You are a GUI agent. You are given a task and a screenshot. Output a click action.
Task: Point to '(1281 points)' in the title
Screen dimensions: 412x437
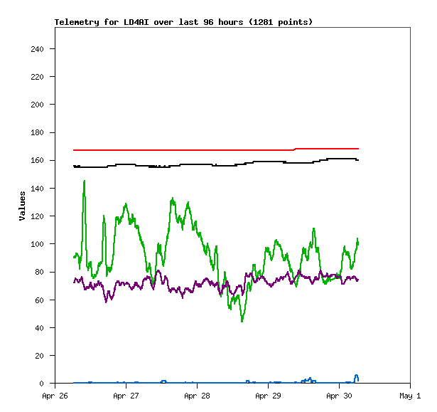click(278, 22)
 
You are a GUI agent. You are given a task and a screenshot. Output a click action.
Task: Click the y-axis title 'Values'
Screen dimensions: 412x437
click(22, 206)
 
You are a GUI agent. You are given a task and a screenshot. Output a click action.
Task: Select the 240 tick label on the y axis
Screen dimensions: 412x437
click(37, 49)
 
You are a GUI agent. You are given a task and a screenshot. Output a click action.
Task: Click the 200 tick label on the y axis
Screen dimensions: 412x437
click(37, 105)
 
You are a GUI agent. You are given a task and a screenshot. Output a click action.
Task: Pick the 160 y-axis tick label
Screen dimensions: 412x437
click(37, 161)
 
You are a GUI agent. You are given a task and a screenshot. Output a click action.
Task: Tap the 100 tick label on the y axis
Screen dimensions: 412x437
click(37, 244)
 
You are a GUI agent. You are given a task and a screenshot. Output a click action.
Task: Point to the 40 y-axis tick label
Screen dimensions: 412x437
click(39, 328)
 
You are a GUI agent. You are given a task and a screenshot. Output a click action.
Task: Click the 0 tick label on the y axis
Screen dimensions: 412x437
click(42, 384)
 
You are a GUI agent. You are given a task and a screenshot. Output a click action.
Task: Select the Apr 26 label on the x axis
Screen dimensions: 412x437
click(55, 396)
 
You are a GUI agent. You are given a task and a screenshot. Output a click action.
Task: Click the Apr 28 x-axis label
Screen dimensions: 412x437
click(197, 396)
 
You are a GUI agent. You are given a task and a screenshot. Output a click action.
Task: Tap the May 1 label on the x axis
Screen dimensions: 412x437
click(410, 396)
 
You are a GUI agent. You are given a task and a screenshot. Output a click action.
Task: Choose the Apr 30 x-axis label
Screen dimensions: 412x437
click(339, 396)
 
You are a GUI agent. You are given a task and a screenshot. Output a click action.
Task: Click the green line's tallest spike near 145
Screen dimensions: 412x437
click(85, 181)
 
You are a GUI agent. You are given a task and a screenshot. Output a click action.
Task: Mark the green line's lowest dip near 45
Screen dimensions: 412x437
click(242, 321)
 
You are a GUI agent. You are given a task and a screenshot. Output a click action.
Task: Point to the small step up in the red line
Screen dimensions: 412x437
click(295, 149)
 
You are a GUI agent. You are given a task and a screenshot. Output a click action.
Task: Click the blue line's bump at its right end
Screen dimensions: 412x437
click(357, 376)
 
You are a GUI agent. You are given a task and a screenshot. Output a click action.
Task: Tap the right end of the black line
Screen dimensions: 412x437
click(358, 160)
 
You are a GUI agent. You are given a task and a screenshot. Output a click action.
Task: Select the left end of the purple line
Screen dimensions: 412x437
click(74, 281)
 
